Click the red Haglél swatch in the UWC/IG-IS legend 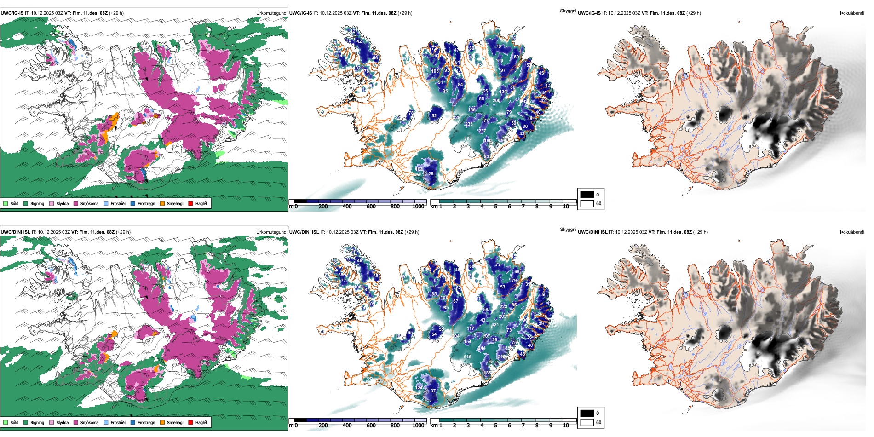pos(190,203)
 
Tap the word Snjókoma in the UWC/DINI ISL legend pos(89,422)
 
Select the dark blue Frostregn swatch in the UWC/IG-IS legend pos(133,203)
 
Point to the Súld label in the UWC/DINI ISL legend pos(14,422)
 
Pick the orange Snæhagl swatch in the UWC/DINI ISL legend pos(162,422)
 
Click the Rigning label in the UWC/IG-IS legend pos(37,203)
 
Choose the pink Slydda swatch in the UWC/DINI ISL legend pos(52,422)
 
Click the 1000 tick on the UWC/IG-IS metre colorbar pos(418,207)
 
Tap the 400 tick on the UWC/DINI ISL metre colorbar pos(347,425)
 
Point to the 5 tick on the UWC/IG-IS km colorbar pos(496,207)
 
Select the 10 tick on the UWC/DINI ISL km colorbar pos(566,425)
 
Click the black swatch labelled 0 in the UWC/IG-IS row pos(587,195)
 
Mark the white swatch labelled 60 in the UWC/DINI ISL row pos(587,422)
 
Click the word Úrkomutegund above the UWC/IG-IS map pos(271,13)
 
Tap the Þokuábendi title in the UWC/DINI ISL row pos(852,232)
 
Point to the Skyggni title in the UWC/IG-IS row pos(568,11)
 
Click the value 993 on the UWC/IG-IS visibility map pos(468,138)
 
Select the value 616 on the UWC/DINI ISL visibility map pos(467,357)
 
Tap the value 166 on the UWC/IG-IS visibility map pos(472,110)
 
